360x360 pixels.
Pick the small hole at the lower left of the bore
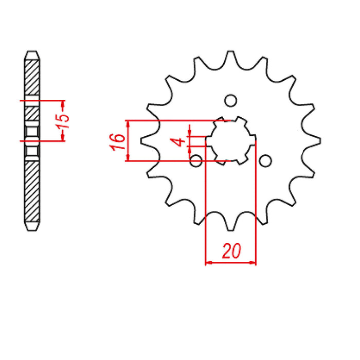[196, 161]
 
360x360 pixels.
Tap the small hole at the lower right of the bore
[265, 161]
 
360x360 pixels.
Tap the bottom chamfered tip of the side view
[32, 227]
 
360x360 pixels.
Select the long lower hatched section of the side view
[32, 190]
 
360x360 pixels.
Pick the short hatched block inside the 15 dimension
[32, 113]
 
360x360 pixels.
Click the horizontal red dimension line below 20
[231, 263]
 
